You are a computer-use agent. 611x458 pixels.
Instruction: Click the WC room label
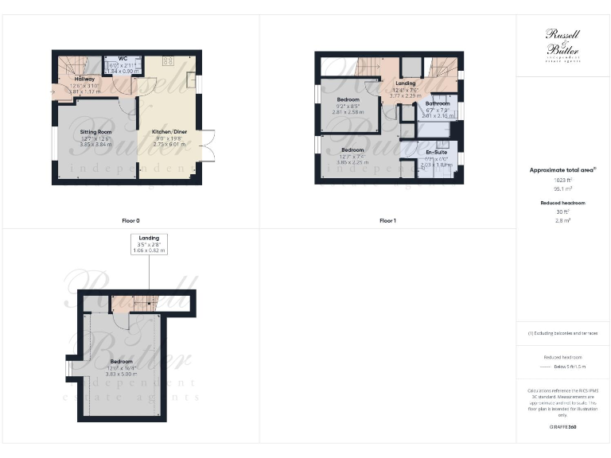coord(123,59)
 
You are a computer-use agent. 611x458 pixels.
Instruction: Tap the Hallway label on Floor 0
coord(84,80)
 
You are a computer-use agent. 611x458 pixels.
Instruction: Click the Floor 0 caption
coord(130,220)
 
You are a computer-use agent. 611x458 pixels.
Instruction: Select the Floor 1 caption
coord(387,220)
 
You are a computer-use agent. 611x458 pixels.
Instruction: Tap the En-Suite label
coord(435,151)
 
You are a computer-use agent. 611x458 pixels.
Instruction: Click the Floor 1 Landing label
coord(407,83)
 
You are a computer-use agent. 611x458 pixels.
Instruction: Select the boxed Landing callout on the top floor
coord(149,243)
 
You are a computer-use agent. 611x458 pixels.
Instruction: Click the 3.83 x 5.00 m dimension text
coord(122,374)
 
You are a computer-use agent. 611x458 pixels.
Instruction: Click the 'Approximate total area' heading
coord(561,169)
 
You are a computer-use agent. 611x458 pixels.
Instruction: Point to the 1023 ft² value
coord(562,181)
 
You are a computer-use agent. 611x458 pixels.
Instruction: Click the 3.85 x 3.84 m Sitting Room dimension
coord(95,145)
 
